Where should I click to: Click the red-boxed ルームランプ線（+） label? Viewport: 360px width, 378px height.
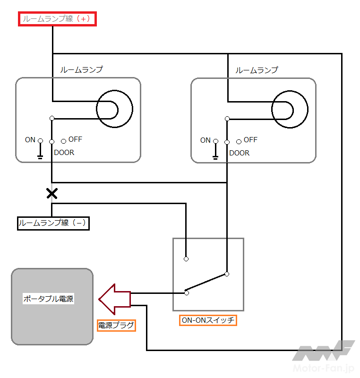tap(57, 19)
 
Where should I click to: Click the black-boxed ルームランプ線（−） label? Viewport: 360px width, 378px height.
tap(53, 223)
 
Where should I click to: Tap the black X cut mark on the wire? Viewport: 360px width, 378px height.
tap(52, 194)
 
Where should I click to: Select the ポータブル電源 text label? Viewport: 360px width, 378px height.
tap(48, 299)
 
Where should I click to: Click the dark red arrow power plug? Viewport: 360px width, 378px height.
tap(115, 300)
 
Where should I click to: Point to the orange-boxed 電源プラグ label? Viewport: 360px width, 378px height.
tap(116, 326)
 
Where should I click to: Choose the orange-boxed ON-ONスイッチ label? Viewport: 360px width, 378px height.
tap(208, 320)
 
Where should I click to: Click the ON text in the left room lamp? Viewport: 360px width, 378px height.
tap(30, 140)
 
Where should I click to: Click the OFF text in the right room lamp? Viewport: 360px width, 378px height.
tap(250, 140)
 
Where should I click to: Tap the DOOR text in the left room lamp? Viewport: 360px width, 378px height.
tap(64, 153)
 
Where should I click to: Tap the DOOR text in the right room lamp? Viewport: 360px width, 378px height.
tap(239, 153)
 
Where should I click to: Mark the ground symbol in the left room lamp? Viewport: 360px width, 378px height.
tap(40, 157)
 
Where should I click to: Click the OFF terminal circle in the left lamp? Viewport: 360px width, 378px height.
tap(64, 141)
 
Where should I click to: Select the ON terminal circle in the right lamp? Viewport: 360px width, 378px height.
tap(215, 141)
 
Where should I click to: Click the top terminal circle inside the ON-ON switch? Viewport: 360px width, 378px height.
tap(186, 259)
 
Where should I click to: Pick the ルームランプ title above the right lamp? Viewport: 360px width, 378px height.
tap(257, 70)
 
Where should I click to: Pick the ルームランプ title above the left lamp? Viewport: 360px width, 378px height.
tap(81, 69)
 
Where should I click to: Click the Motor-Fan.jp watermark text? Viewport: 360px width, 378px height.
tap(324, 369)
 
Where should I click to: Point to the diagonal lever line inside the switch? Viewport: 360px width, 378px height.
tap(206, 282)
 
